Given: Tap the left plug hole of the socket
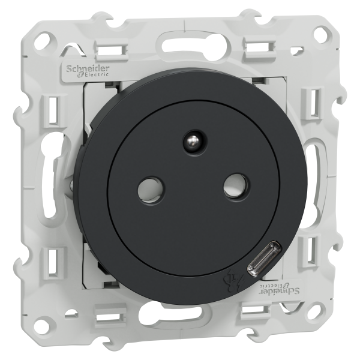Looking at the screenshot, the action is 151,190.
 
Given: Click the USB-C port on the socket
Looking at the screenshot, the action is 264,258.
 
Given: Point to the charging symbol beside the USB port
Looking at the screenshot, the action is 234,281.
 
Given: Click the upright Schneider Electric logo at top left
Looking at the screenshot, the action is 88,70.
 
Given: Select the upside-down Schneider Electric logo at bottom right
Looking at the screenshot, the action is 280,289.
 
